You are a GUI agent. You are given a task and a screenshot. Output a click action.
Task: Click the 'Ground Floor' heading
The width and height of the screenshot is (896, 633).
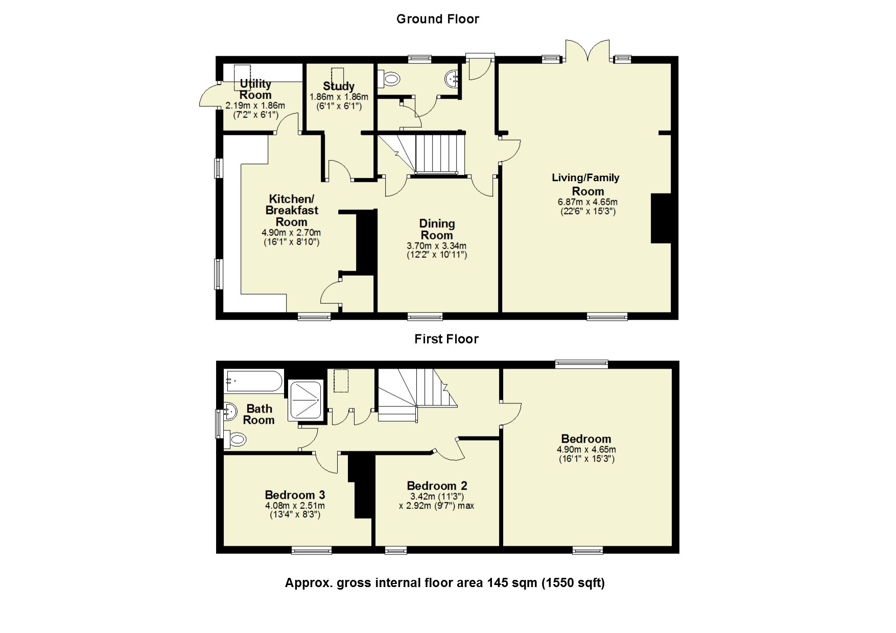438,19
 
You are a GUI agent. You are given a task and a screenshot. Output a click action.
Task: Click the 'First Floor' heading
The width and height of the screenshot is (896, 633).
446,339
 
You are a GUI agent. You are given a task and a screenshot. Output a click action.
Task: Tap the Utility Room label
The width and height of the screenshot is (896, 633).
255,89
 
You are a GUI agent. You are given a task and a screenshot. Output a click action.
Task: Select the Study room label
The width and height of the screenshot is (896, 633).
339,86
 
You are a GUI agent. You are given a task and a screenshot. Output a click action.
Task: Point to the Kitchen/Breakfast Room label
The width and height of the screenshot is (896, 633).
292,210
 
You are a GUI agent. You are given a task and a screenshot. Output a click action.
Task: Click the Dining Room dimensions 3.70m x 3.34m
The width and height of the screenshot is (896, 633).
437,246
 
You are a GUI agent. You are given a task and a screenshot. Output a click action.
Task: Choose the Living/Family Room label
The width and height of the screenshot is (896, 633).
586,184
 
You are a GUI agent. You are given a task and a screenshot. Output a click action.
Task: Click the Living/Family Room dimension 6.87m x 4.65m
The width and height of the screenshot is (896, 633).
588,202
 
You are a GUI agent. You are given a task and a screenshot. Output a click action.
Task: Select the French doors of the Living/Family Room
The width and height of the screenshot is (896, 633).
587,51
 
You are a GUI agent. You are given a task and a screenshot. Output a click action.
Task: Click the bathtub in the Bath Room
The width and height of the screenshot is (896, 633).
253,381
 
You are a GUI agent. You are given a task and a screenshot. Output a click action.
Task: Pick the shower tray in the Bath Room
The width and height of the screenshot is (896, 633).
305,400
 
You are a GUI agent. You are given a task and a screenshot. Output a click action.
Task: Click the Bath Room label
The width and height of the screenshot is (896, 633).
259,415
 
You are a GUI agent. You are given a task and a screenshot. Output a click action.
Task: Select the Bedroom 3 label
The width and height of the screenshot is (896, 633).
295,495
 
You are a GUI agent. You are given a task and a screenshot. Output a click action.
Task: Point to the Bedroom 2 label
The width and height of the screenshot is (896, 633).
437,486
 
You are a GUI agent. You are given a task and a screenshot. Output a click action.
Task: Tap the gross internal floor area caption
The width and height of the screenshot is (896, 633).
445,583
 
